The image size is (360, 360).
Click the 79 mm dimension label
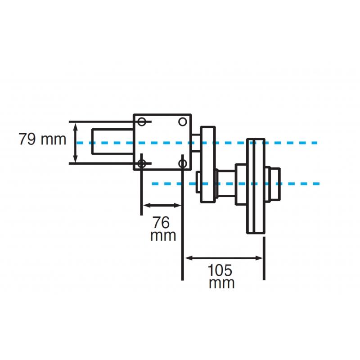click(x=42, y=139)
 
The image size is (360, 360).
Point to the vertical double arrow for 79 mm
click(x=76, y=143)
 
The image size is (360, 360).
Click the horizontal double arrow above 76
click(x=162, y=206)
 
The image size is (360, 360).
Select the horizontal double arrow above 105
click(x=224, y=258)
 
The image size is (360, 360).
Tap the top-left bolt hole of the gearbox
click(x=142, y=122)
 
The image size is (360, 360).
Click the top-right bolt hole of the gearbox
click(x=182, y=121)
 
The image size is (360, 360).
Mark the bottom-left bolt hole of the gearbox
click(x=142, y=163)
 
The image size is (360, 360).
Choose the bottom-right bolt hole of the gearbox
click(x=182, y=163)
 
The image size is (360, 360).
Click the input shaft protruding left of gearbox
click(x=112, y=142)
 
